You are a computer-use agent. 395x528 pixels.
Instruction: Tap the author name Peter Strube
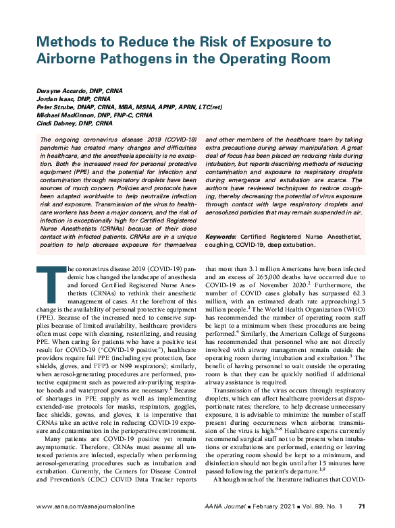click(51, 107)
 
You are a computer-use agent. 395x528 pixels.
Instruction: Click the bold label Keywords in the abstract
click(220, 237)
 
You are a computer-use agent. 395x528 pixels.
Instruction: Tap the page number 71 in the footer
click(361, 506)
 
